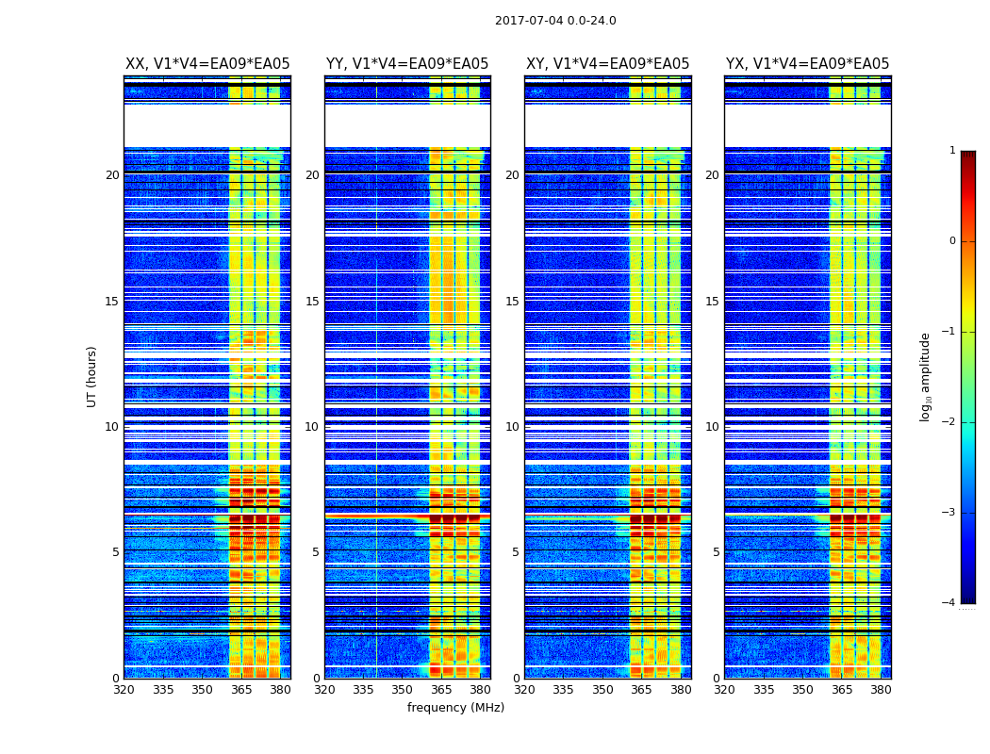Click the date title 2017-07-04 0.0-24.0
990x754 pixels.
tap(555, 21)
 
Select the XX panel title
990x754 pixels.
tap(207, 64)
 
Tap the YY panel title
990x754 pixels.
tap(407, 64)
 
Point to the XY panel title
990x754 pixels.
tap(607, 64)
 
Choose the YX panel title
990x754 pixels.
tap(807, 64)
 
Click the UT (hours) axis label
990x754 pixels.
tap(92, 376)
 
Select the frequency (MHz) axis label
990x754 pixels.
tap(455, 708)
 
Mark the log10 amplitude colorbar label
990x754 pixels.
tap(926, 376)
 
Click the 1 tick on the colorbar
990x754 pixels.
tap(952, 151)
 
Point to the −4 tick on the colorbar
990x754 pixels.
tap(949, 603)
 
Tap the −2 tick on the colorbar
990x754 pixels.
tap(949, 422)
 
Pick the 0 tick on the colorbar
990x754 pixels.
tap(952, 241)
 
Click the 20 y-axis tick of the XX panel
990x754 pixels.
tap(112, 175)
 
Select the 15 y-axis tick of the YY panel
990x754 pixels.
tap(312, 302)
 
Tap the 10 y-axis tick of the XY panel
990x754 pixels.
tap(512, 427)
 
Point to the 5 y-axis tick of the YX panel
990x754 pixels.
tap(716, 552)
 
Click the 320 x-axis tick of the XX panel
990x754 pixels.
tap(124, 690)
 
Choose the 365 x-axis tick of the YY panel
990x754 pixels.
tap(442, 690)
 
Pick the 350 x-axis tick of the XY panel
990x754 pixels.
tap(602, 690)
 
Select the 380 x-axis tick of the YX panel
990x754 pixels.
tap(881, 690)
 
